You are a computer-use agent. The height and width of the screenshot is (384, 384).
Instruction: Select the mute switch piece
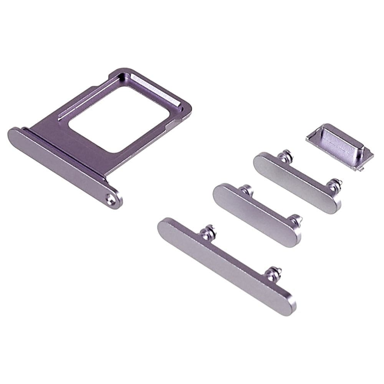(340, 145)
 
